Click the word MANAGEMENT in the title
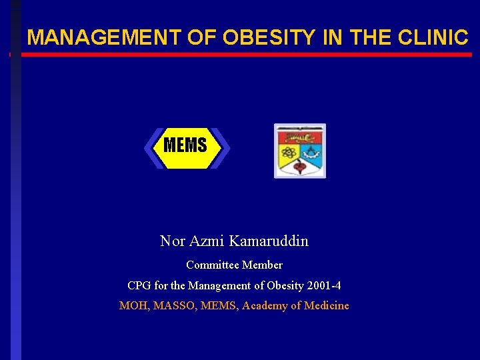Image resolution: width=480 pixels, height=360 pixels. click(103, 38)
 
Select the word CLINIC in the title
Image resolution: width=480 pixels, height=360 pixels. click(433, 38)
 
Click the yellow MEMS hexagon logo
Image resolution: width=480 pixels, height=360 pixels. click(187, 147)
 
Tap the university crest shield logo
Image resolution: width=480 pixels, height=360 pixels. click(300, 151)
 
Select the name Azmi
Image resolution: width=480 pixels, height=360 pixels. click(206, 241)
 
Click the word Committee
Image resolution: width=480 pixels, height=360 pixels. click(213, 265)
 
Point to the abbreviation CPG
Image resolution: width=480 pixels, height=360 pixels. click(139, 286)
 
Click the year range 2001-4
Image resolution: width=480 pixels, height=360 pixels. click(325, 286)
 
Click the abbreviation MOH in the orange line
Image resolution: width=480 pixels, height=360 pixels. click(131, 306)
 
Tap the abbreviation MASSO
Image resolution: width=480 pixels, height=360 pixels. click(171, 306)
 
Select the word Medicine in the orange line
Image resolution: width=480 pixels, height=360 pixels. click(326, 306)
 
